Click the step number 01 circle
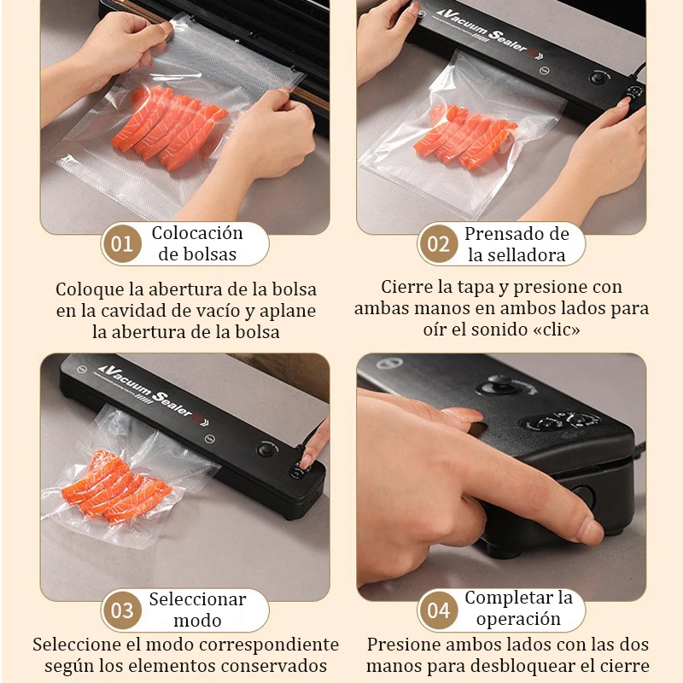122,244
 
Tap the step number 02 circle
438,244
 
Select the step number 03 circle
122,610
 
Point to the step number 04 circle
438,610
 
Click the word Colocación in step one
197,233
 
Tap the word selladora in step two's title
516,254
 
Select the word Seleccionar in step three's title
197,599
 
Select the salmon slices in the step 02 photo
466,137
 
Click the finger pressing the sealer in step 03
314,445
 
